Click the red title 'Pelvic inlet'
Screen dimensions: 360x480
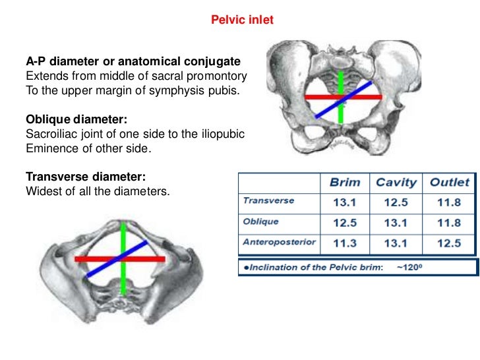pyautogui.click(x=242, y=20)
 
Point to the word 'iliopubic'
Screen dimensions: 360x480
pyautogui.click(x=222, y=134)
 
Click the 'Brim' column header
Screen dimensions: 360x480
pyautogui.click(x=344, y=182)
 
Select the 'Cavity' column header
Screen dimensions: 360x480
pyautogui.click(x=396, y=182)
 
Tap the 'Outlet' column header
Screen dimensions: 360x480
pyautogui.click(x=449, y=182)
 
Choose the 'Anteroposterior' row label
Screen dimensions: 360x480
pyautogui.click(x=280, y=242)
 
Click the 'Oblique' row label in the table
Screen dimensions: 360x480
pyautogui.click(x=261, y=222)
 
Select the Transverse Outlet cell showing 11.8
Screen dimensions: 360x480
pyautogui.click(x=449, y=202)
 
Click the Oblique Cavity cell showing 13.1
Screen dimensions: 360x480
pyautogui.click(x=396, y=222)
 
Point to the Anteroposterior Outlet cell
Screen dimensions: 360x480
pyautogui.click(x=449, y=243)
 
